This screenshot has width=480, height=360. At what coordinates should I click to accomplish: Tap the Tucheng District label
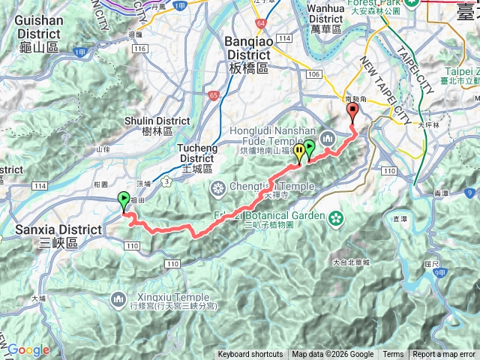197,154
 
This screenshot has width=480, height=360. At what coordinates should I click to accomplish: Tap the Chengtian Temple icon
217,187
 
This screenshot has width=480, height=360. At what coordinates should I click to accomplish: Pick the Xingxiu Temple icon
118,301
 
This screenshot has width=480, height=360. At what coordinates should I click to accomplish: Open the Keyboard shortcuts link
250,355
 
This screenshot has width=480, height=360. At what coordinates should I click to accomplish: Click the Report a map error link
445,355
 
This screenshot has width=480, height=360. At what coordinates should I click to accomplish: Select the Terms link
393,355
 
